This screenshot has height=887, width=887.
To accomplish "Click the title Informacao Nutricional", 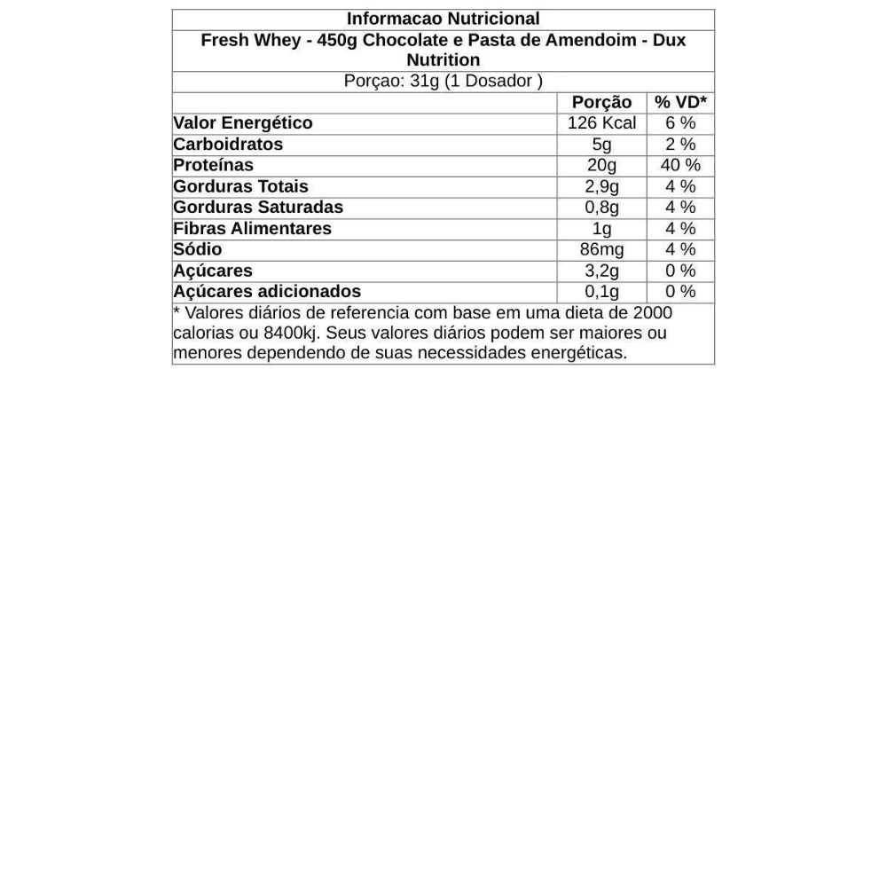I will (443, 19).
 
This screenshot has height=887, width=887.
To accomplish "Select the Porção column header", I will (601, 102).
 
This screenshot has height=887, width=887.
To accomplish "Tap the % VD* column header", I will (680, 102).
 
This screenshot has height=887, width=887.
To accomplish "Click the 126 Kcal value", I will (601, 123).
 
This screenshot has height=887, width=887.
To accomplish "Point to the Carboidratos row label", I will (228, 144).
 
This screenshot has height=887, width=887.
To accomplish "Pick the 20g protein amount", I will (601, 165).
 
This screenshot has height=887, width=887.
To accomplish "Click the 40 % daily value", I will (680, 165).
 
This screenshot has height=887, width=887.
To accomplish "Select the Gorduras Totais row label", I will (240, 186).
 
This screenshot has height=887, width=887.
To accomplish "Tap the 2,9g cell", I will (601, 186).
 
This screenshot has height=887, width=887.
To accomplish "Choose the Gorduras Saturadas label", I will (258, 207).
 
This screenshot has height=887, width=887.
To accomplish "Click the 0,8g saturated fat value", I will (601, 208).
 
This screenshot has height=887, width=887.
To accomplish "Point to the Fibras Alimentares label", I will (252, 228).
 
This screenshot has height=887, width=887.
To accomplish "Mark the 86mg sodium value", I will (601, 249).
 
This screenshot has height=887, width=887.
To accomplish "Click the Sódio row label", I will (197, 249).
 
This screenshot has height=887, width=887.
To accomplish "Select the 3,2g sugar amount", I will (601, 271).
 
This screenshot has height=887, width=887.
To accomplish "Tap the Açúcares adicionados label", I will (267, 291).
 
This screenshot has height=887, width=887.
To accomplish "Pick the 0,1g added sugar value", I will (601, 292).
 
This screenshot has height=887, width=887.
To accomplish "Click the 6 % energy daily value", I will (680, 123).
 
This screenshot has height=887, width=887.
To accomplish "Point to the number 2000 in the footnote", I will (652, 312).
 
